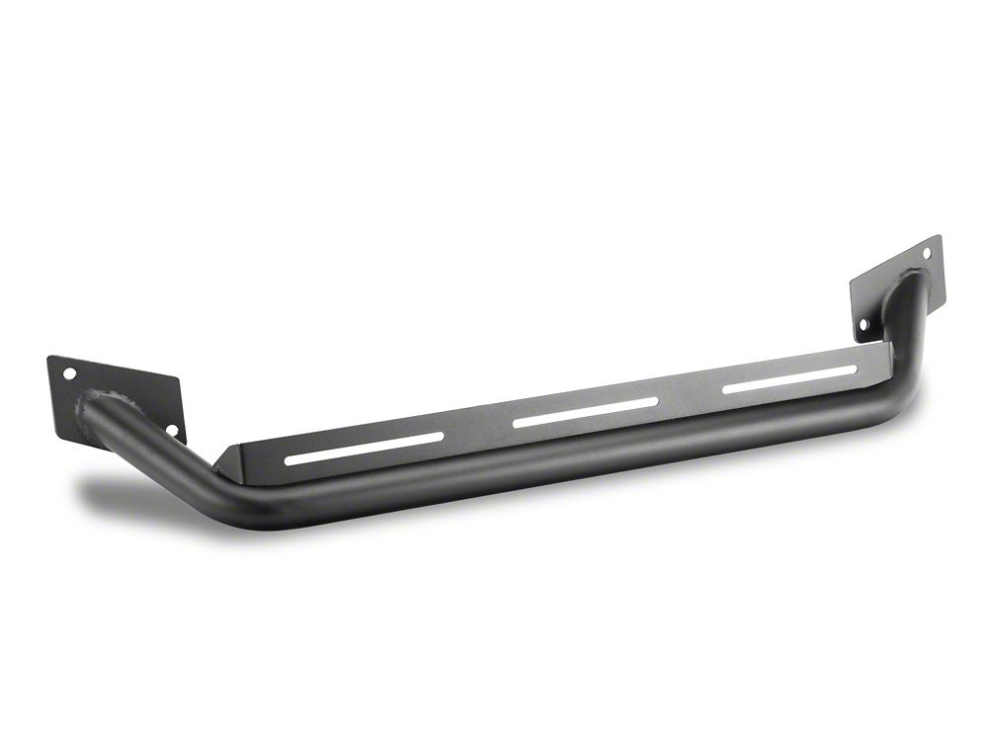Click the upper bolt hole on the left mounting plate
pyautogui.click(x=69, y=374)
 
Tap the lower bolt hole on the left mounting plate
pyautogui.click(x=171, y=430)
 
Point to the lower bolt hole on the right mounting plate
pyautogui.click(x=864, y=323)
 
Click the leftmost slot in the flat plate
pyautogui.click(x=364, y=447)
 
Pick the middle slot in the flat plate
pyautogui.click(x=585, y=412)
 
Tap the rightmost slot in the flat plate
pyautogui.click(x=789, y=379)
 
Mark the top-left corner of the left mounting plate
pyautogui.click(x=48, y=358)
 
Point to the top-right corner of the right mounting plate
pyautogui.click(x=939, y=236)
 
